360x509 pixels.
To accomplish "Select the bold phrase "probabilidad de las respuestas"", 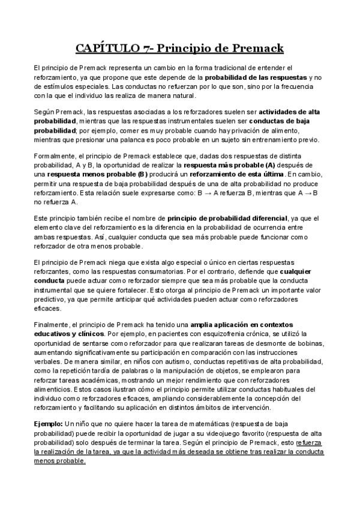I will pyautogui.click(x=256, y=78).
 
